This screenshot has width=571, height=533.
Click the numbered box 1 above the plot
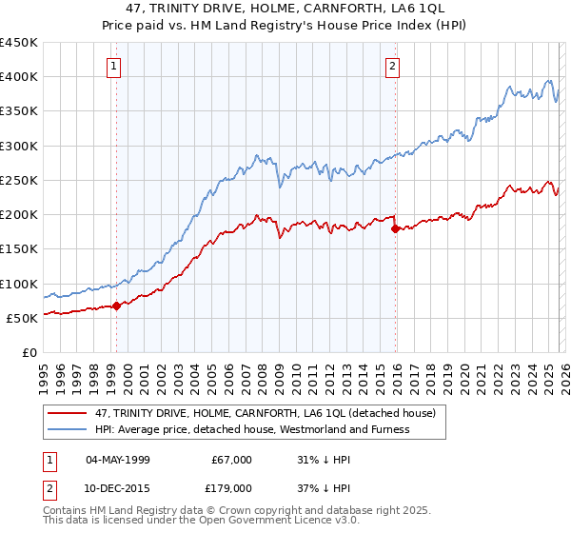(114, 67)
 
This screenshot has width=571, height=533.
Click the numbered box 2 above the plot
(392, 67)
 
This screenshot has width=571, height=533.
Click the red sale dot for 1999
(116, 306)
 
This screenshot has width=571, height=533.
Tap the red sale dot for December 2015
(395, 227)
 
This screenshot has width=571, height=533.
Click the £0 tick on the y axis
(29, 352)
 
